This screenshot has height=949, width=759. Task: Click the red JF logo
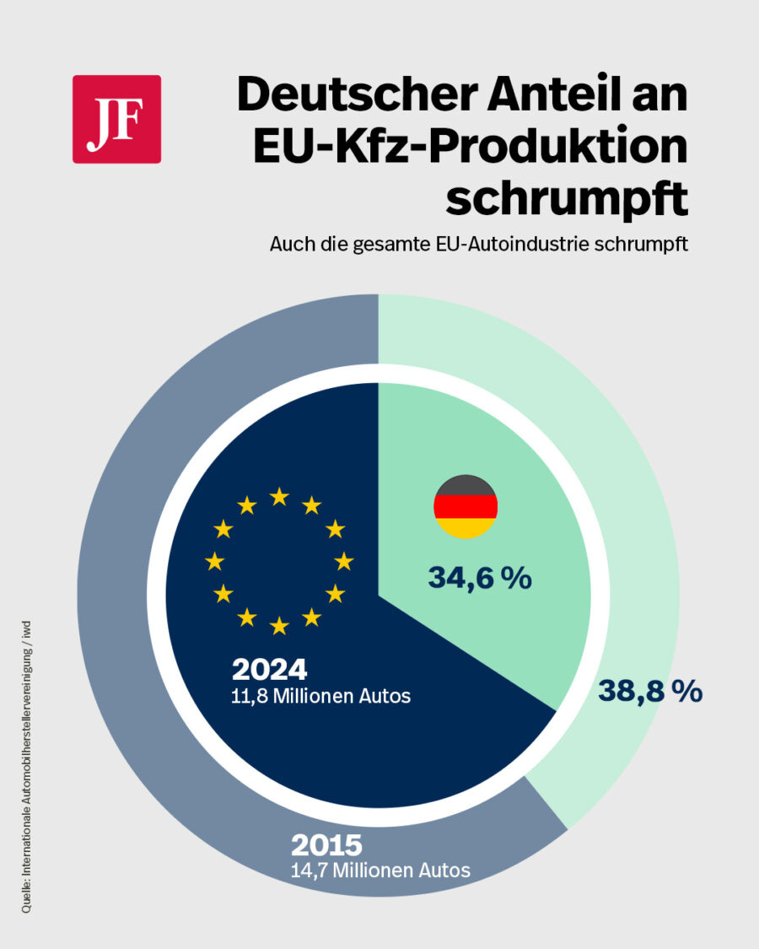click(116, 119)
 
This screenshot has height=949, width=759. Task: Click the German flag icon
click(466, 506)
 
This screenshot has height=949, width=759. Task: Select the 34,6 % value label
click(479, 578)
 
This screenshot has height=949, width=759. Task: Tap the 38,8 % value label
click(650, 692)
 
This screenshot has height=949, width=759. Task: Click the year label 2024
click(269, 670)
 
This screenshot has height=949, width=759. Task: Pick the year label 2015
click(326, 844)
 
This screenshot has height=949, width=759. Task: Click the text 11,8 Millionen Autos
click(321, 697)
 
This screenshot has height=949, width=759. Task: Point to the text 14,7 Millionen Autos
click(380, 870)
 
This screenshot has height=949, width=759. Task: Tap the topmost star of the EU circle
click(279, 496)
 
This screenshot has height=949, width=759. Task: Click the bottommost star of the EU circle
click(279, 626)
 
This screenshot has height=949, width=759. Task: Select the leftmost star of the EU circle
click(215, 561)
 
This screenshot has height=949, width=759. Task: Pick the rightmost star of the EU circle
click(343, 561)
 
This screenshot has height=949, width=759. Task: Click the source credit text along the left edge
click(28, 768)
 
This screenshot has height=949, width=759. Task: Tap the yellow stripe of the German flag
click(466, 529)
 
